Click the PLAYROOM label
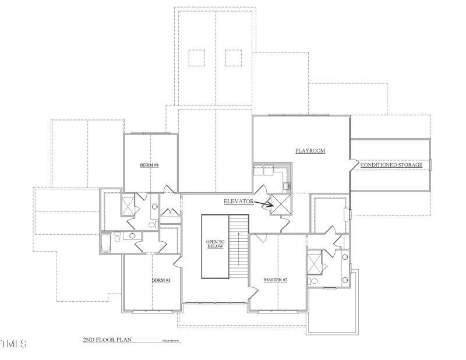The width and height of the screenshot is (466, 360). pos(309,151)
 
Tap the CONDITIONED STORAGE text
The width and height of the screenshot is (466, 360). pos(391,165)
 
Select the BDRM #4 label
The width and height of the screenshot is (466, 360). pos(150,165)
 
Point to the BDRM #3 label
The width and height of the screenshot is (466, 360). pos(161,280)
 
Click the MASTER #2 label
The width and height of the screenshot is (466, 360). pos(276,280)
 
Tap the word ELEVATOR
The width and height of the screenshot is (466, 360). pos(239,201)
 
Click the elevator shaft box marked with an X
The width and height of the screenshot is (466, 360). pos(281,204)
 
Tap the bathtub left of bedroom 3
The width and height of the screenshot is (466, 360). pos(106,243)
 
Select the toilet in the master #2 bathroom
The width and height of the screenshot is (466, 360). pos(315,281)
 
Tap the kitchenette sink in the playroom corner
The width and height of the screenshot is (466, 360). pos(286,186)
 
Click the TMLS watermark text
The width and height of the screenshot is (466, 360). pos(14,344)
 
